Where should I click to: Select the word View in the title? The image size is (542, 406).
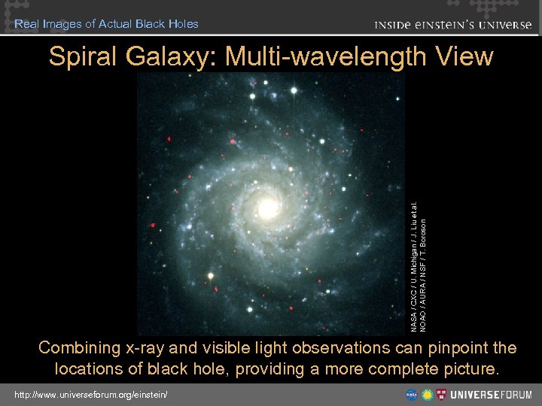coord(465,56)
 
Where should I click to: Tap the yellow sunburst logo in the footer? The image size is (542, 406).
coord(427,394)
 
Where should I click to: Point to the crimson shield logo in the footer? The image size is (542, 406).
coord(443,394)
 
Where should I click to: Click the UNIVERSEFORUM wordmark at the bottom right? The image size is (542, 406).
coord(492,394)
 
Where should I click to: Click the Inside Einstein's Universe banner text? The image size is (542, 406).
coord(452,24)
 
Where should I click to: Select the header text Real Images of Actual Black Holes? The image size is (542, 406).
coord(106,23)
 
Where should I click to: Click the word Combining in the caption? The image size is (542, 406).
coord(79,348)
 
